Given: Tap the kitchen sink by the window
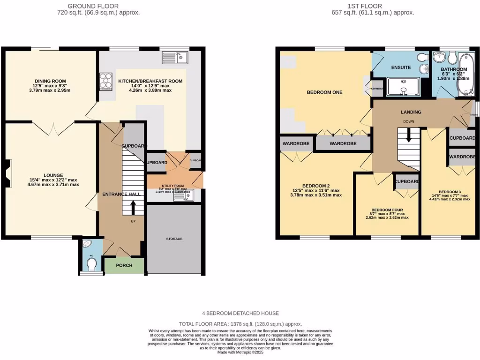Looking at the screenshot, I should [175, 58].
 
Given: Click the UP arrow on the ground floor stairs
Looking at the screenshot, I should [133, 207].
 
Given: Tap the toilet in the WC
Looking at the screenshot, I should [92, 266].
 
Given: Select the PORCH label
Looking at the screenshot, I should [124, 265].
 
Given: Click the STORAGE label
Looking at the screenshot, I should [174, 239].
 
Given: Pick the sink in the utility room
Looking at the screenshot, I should [182, 195].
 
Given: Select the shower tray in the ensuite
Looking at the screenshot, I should [403, 87].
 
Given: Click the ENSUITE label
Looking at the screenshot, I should [401, 67].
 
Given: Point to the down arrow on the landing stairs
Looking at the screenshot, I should [409, 136].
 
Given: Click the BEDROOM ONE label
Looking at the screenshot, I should [324, 92].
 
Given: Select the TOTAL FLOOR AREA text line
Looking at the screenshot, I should [240, 324].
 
